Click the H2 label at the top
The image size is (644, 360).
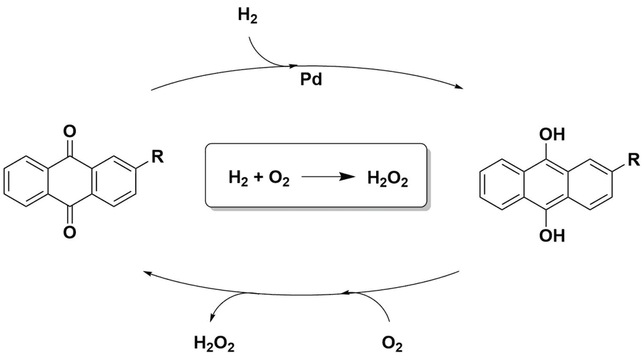(248, 15)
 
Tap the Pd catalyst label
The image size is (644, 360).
(311, 79)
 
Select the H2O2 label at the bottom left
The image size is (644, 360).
(214, 344)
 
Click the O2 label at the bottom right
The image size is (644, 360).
(392, 344)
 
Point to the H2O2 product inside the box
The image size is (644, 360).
(388, 179)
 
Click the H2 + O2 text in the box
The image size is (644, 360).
(259, 179)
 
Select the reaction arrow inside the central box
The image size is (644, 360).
(328, 177)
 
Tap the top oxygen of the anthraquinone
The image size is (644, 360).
(70, 131)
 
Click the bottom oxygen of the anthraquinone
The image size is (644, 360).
(70, 232)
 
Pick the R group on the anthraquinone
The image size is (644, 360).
(158, 156)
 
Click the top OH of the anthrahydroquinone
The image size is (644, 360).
(552, 134)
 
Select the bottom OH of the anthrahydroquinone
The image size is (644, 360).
(552, 236)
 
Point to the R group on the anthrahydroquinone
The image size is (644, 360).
(634, 159)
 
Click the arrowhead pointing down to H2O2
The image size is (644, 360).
(212, 317)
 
